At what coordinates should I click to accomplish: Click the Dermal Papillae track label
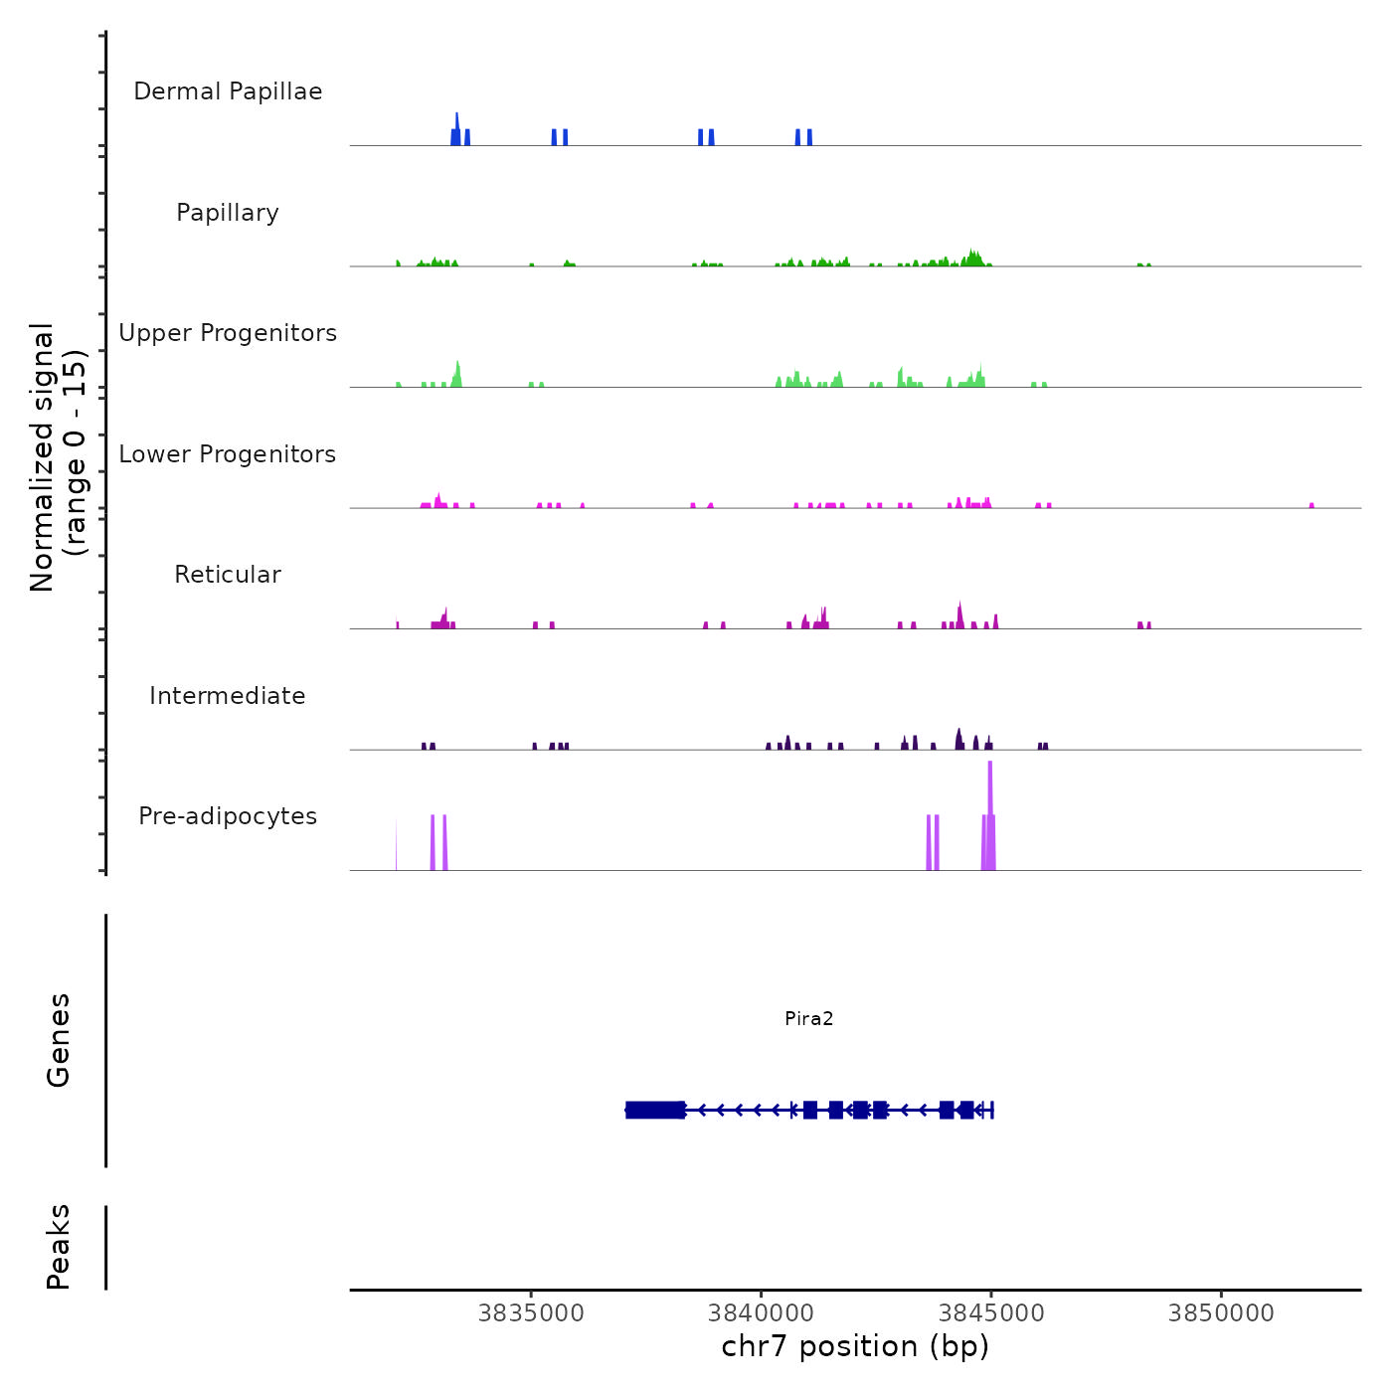click(228, 91)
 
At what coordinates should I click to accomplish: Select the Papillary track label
click(228, 213)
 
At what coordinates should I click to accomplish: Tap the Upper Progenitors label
click(228, 333)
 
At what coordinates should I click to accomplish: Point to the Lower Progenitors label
click(228, 454)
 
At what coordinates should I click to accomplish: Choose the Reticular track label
click(228, 575)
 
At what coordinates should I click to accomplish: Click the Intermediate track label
click(228, 696)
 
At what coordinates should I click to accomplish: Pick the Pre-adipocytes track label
click(228, 816)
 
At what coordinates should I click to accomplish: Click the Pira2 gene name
click(808, 1018)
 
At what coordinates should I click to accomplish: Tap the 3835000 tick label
click(531, 1313)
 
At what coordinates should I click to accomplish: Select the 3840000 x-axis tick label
click(762, 1313)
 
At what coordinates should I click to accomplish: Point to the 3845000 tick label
click(991, 1313)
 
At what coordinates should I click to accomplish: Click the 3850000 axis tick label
click(1221, 1313)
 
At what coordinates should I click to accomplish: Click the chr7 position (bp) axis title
click(855, 1346)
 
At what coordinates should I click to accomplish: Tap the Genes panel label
click(59, 1040)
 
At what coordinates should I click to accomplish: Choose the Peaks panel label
click(59, 1247)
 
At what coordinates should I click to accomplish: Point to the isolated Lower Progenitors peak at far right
click(1311, 505)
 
